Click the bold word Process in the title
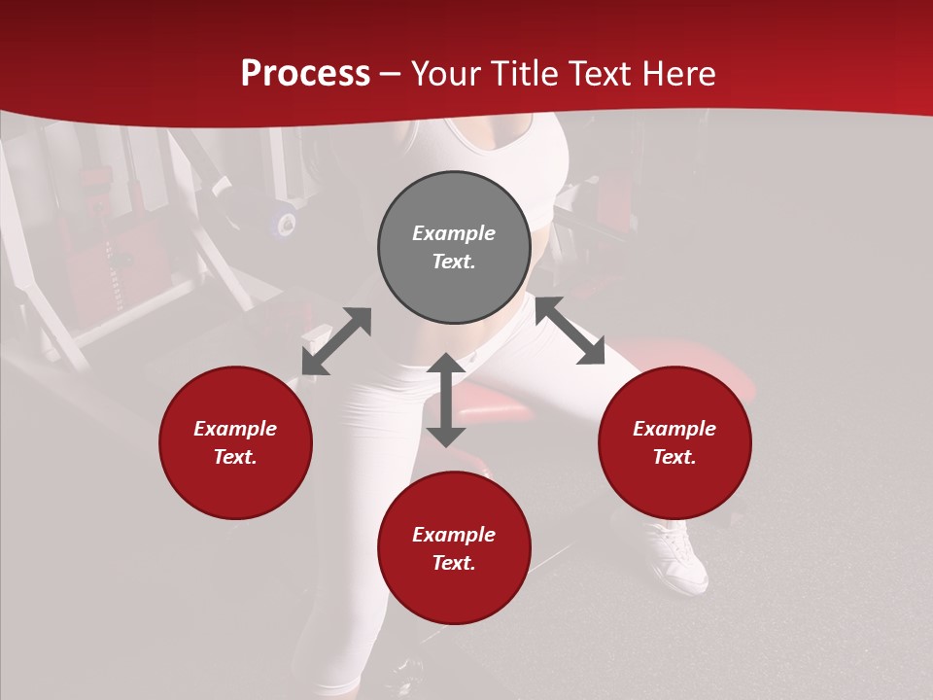pos(305,74)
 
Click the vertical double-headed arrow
pos(446,400)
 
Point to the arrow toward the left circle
pos(336,341)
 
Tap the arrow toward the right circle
pos(570,331)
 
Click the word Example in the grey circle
pos(454,233)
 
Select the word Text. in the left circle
pos(235,457)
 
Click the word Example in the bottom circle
pos(454,535)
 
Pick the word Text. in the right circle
pos(674,457)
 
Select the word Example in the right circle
pos(674,429)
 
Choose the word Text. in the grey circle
pos(454,262)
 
